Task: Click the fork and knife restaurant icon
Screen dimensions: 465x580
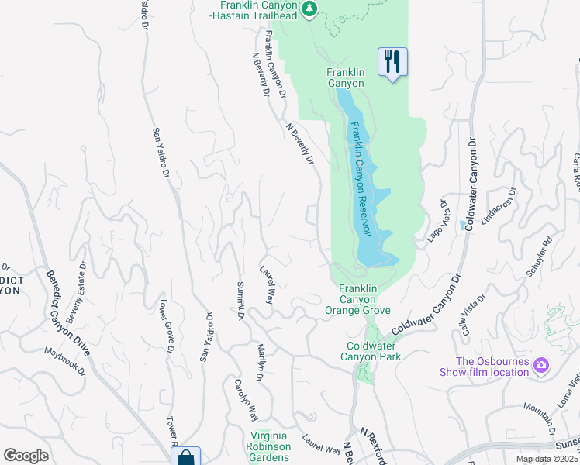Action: [392, 62]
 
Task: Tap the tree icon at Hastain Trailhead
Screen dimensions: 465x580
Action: [309, 9]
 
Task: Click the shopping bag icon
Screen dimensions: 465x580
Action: [185, 458]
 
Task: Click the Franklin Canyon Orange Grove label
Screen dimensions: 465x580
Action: [358, 299]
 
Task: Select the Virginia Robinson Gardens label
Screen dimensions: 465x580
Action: [269, 447]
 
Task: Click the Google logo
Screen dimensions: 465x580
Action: [26, 456]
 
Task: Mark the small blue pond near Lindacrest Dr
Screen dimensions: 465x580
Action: [463, 226]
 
